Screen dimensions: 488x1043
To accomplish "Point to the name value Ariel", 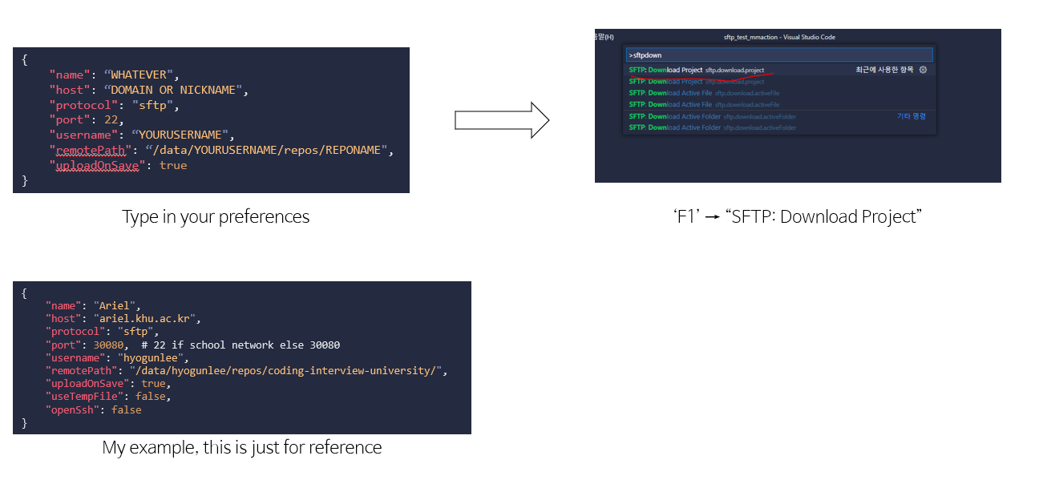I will (117, 306).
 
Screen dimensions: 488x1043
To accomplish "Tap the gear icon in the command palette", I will (923, 70).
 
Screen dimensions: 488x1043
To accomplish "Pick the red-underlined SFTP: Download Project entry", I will (665, 71).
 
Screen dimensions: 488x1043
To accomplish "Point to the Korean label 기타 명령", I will (911, 116).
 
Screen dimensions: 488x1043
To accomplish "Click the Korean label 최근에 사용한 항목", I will (884, 71).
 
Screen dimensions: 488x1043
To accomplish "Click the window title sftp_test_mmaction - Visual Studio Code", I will (778, 37).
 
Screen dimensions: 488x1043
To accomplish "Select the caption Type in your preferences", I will (216, 217).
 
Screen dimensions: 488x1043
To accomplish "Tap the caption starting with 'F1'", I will (798, 217).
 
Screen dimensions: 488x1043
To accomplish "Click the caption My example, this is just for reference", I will (242, 447).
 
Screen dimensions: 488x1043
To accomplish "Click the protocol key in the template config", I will (81, 105).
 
